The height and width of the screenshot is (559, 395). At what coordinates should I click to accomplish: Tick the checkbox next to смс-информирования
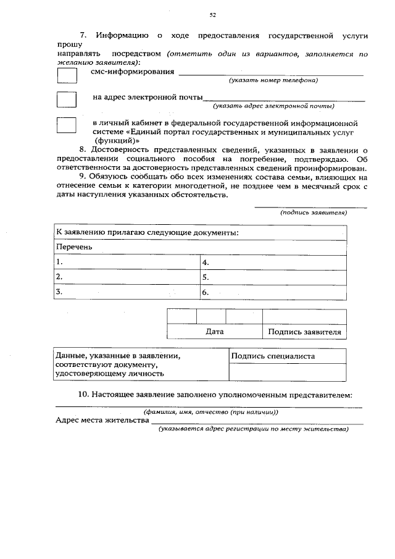[67, 75]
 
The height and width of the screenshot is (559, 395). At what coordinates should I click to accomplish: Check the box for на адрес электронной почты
[67, 99]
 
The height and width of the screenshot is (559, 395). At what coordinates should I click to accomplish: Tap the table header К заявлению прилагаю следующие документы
[148, 233]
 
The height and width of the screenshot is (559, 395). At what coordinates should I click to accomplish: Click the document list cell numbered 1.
[127, 262]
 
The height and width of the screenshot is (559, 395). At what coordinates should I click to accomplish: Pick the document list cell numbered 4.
[273, 262]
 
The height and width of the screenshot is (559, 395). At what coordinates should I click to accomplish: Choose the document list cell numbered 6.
[273, 292]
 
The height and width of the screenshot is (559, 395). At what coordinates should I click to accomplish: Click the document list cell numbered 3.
[127, 292]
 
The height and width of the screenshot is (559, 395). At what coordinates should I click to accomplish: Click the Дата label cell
[214, 332]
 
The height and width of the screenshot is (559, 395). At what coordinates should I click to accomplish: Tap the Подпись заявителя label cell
[304, 332]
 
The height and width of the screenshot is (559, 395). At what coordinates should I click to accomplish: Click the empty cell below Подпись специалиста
[287, 372]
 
